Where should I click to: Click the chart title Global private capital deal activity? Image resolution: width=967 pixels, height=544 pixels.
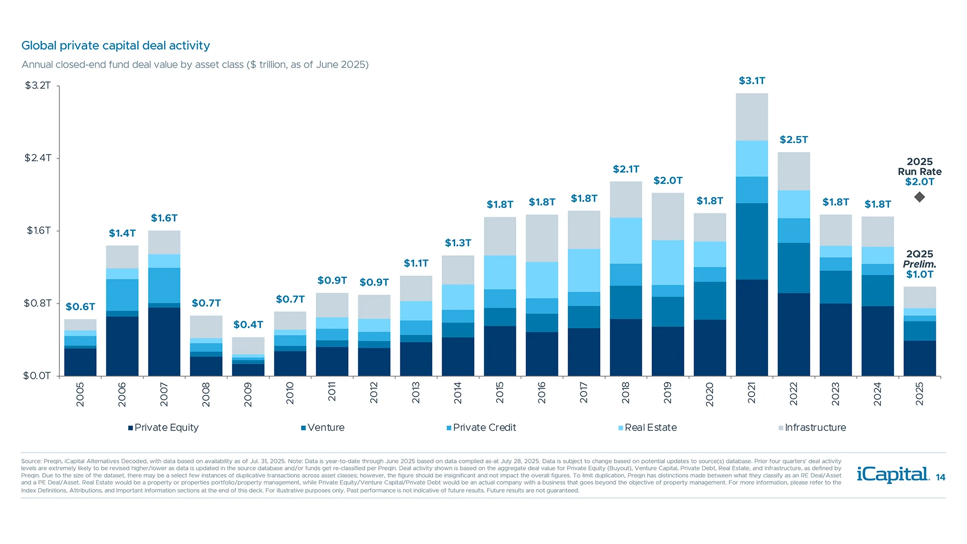tap(115, 45)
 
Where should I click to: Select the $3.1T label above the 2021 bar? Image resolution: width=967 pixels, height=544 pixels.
tap(751, 81)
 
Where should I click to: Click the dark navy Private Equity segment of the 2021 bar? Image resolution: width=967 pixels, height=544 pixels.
tap(751, 327)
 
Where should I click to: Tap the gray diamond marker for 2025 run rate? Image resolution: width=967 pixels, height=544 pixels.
tap(920, 197)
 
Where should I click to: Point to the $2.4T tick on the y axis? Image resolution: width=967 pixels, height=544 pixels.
tap(38, 158)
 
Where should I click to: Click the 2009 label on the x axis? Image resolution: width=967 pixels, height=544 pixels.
tap(248, 394)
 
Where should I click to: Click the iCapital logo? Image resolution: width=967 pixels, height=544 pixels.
tap(892, 474)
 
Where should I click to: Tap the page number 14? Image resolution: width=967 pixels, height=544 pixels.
tap(940, 478)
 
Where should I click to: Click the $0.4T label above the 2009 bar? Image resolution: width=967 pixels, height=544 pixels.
tap(248, 324)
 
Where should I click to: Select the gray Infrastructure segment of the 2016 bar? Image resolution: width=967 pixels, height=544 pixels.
tap(542, 238)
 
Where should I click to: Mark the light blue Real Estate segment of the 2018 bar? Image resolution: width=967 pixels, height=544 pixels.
tap(626, 240)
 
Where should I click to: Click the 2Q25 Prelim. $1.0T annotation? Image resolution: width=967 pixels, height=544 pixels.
tap(920, 264)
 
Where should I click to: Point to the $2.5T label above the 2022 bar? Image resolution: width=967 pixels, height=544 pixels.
tap(794, 140)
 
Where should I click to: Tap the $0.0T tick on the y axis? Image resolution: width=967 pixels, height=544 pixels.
tap(37, 376)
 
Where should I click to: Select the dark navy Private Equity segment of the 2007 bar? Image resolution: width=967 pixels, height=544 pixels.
tap(164, 342)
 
